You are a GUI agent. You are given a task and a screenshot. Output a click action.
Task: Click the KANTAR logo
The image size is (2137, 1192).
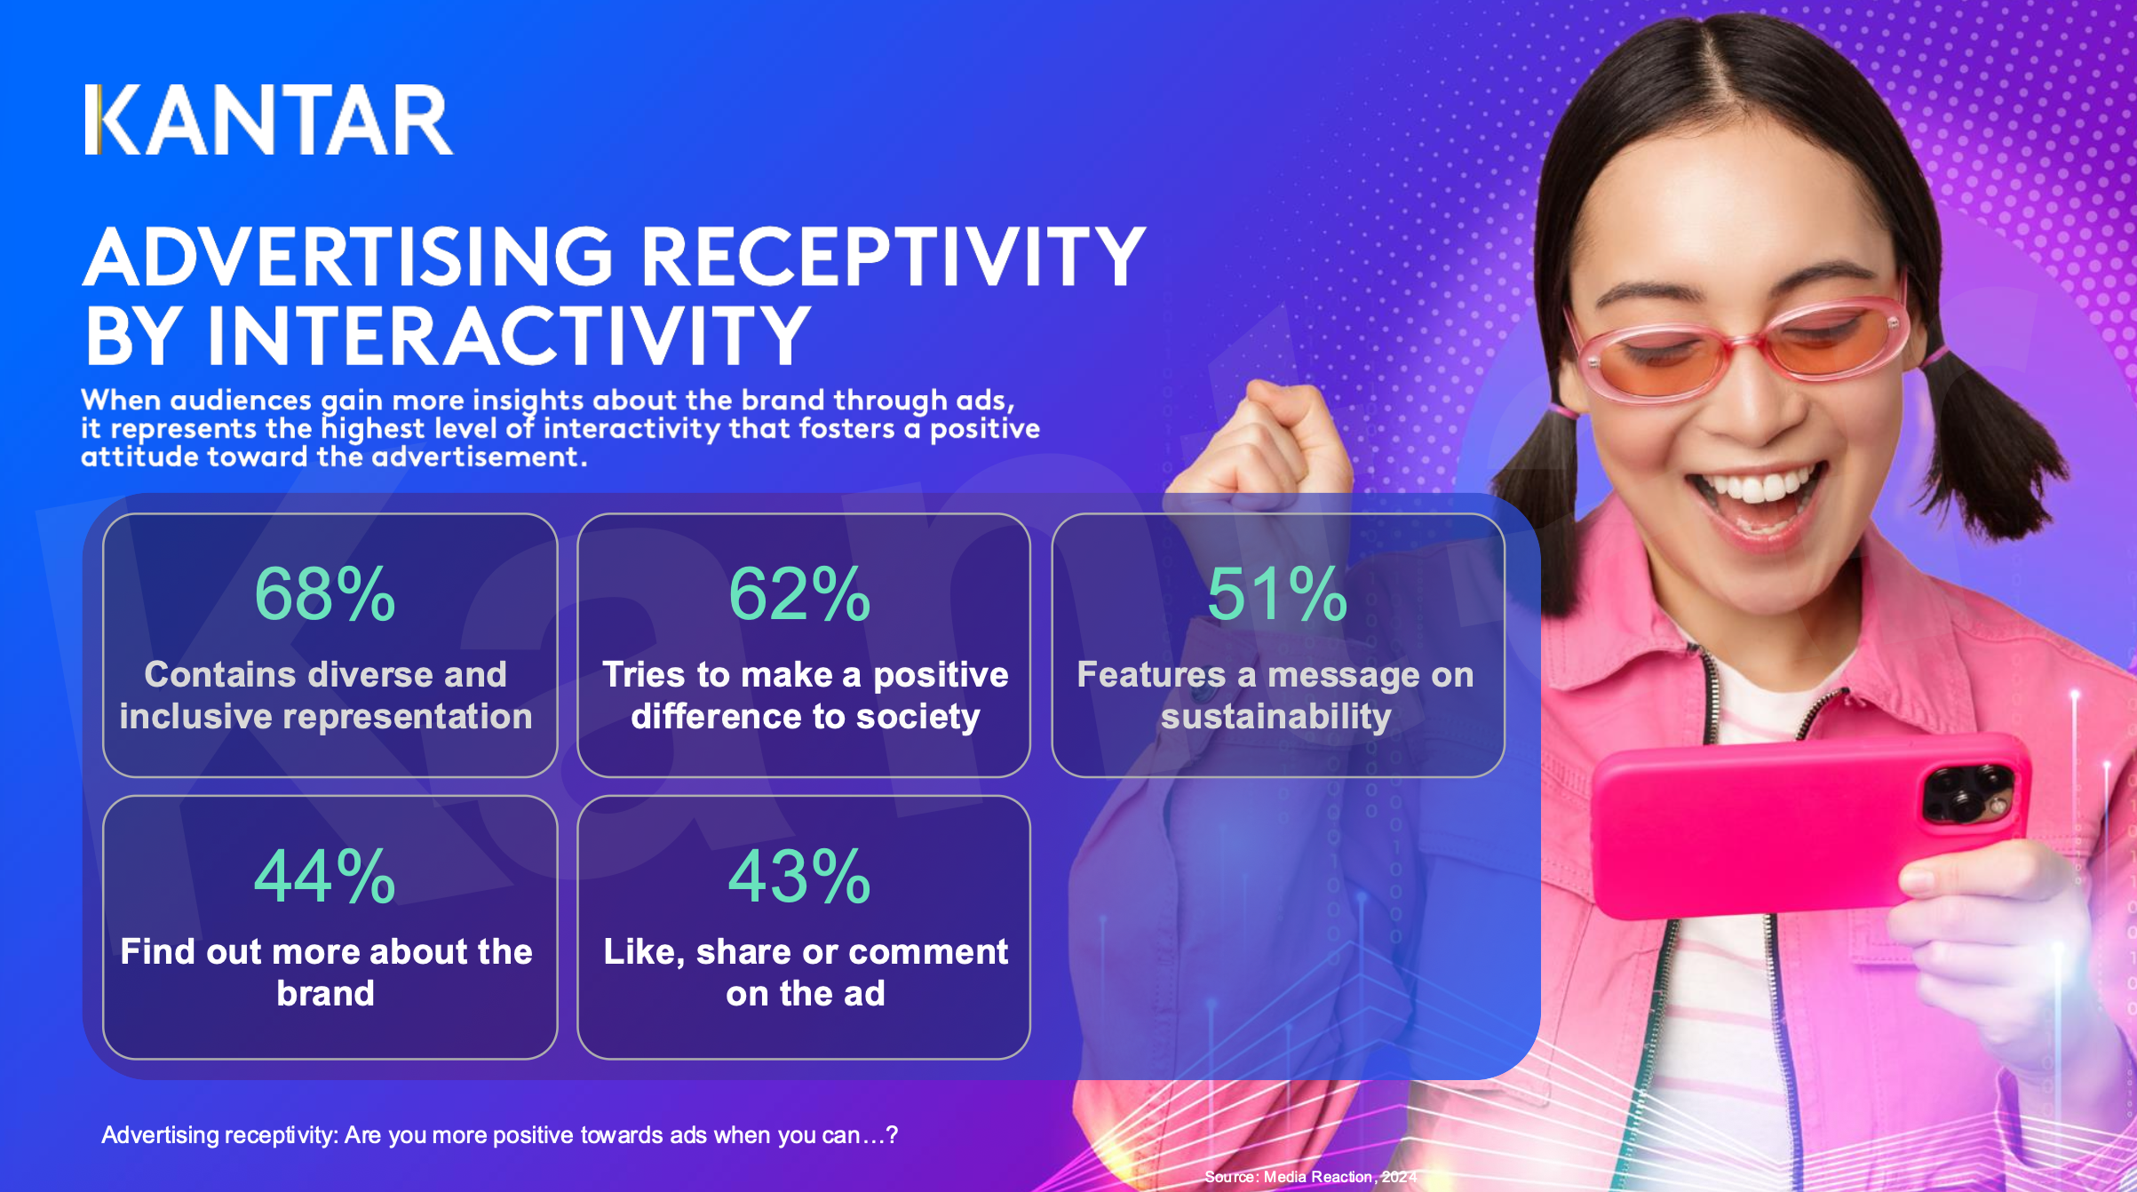coord(268,121)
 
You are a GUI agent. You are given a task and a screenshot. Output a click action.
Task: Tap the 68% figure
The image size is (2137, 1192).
coord(324,594)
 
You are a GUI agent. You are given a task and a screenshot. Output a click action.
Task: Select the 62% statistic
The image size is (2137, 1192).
coord(799,594)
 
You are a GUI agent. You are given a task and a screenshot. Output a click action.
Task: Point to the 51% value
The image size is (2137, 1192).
coord(1276,594)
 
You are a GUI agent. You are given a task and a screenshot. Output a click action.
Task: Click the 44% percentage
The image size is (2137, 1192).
coord(324,877)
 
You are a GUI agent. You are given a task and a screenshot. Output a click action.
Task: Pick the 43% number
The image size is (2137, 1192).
coord(799,877)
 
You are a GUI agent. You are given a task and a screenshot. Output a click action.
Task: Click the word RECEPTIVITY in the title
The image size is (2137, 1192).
coord(892,257)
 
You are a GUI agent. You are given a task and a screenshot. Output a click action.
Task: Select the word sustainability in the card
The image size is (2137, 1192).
coord(1275,716)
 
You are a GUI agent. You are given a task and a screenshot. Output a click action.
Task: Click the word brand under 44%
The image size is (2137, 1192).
coord(325,993)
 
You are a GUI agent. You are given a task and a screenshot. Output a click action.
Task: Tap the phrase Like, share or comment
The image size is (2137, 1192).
coord(806,951)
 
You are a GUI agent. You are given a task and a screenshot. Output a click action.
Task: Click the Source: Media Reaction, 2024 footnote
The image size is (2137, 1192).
coord(1310,1177)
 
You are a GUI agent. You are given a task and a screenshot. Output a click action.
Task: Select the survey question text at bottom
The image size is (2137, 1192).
coord(499,1135)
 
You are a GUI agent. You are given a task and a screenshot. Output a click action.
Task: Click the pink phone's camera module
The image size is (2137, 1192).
coord(1967,791)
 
